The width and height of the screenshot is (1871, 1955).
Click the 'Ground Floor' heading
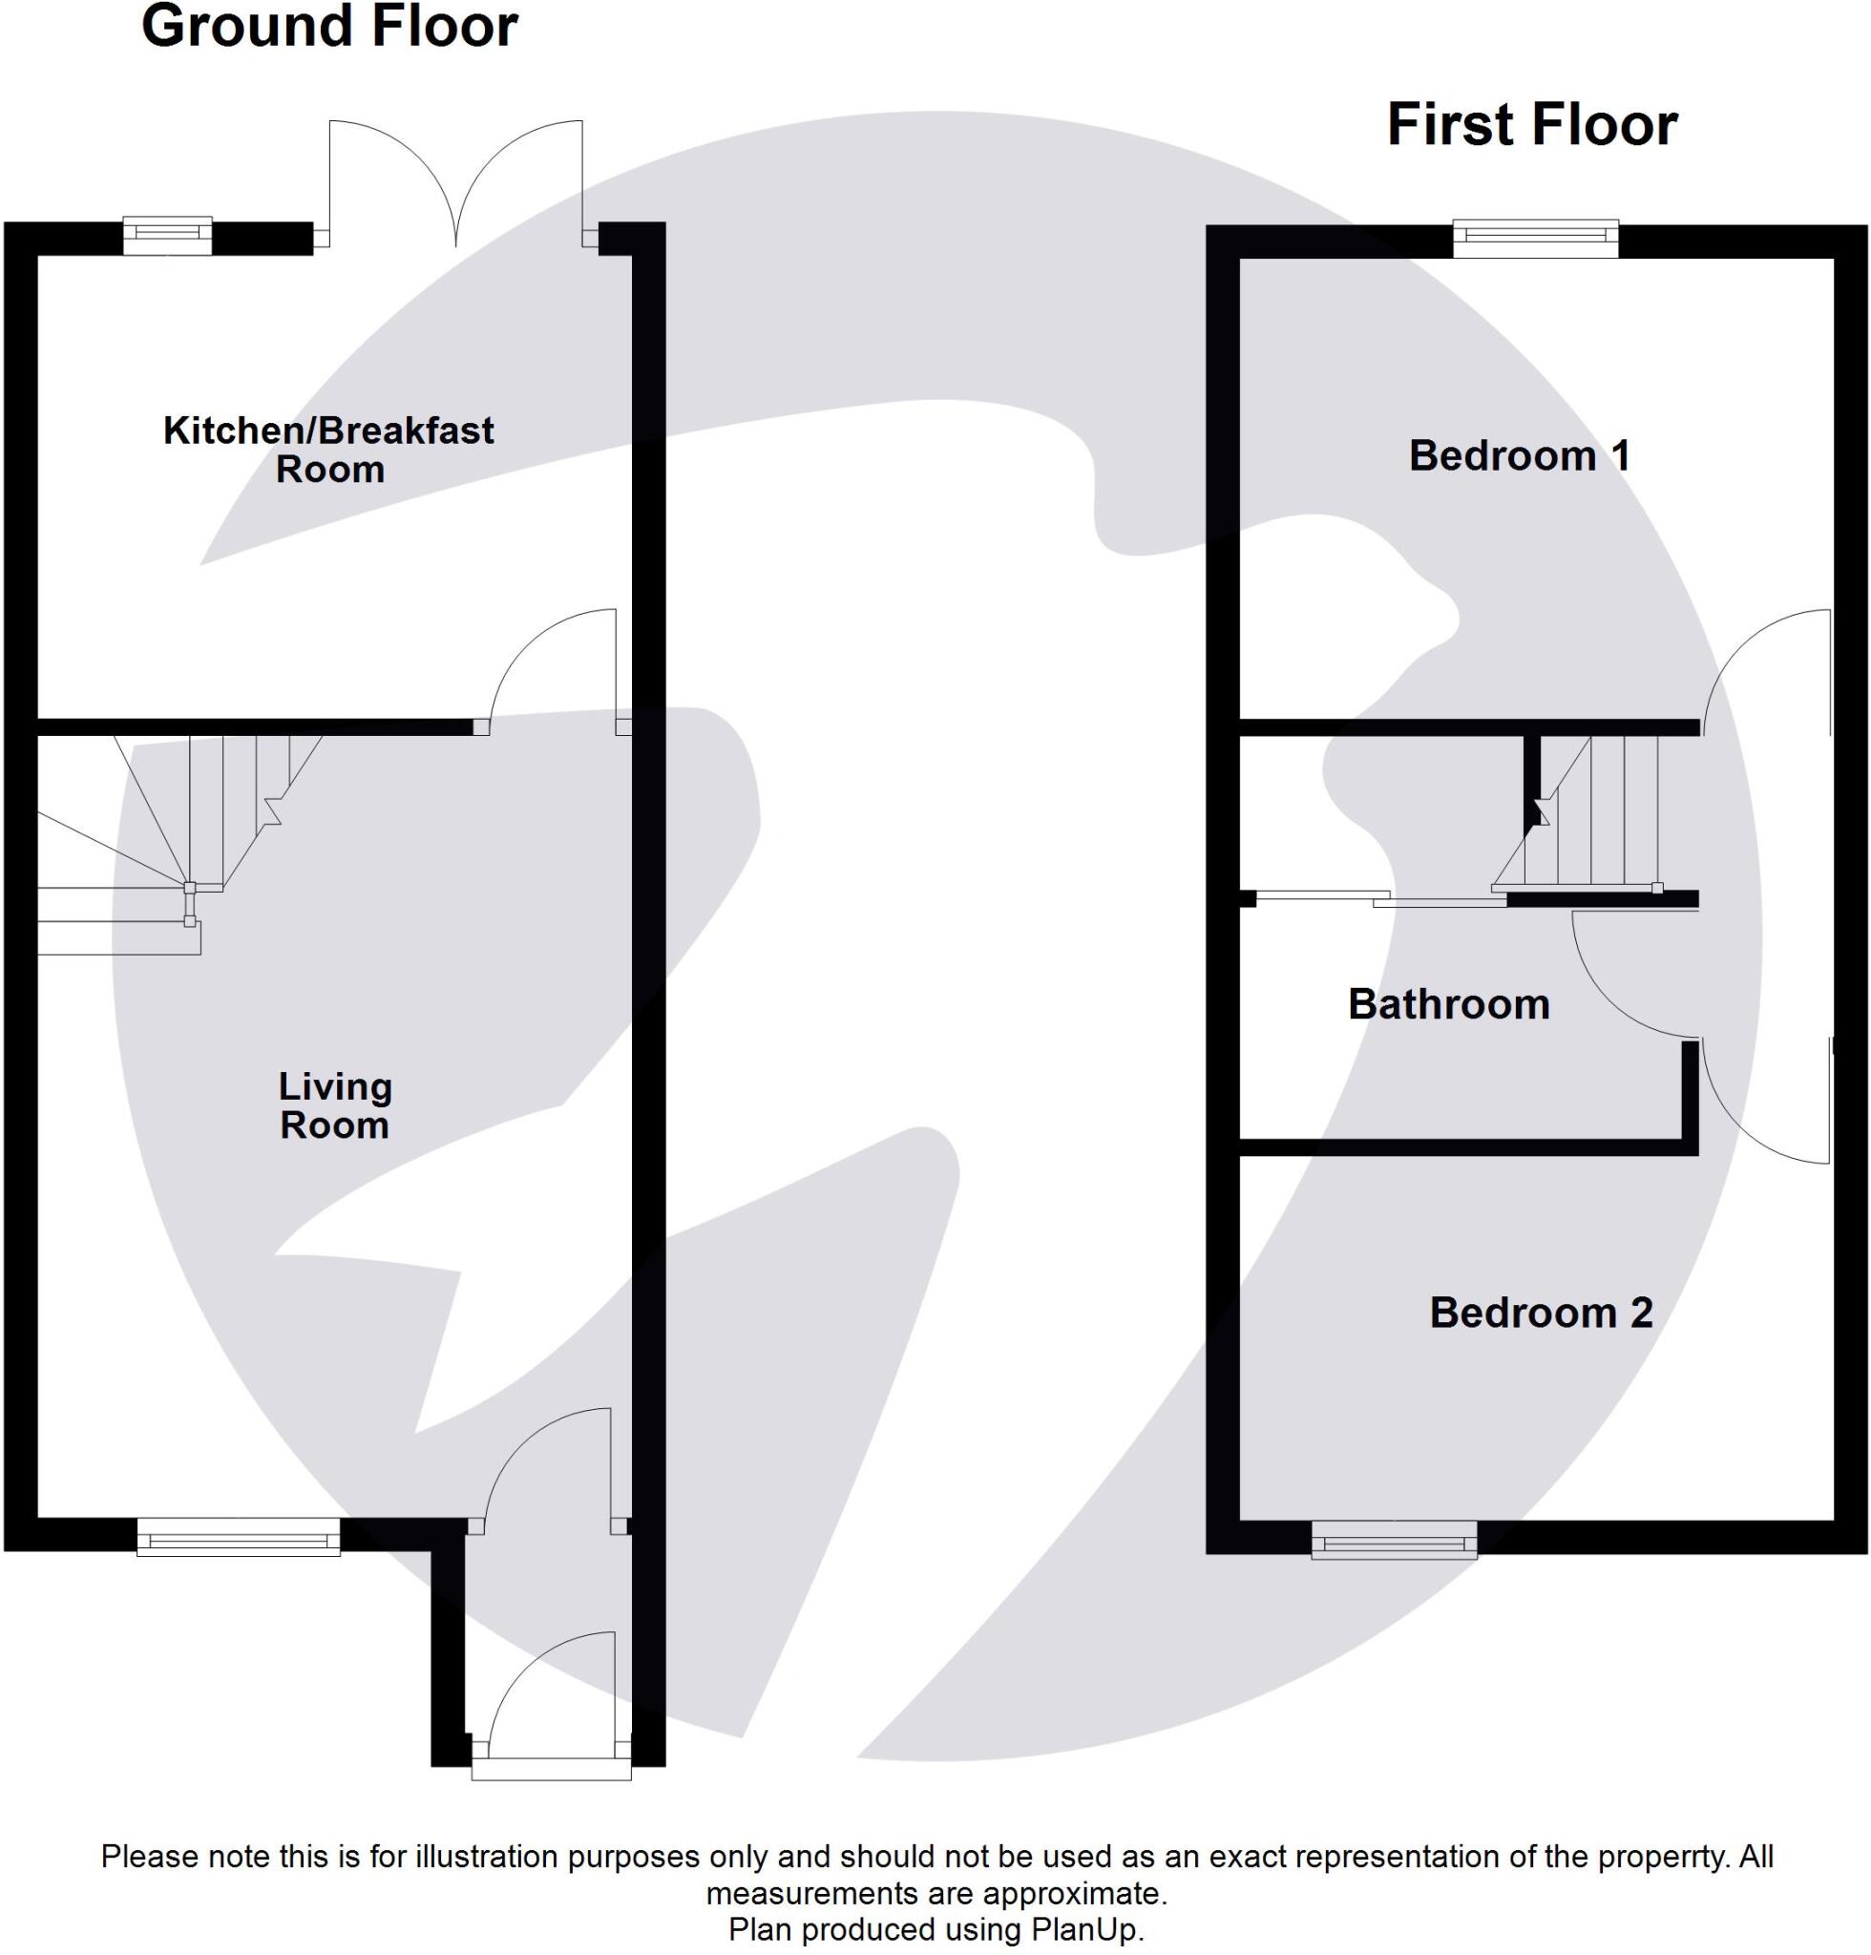[329, 27]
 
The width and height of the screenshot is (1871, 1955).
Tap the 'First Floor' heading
[1532, 126]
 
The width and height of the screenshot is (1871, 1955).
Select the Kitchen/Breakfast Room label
[328, 449]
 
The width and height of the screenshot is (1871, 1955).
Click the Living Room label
[335, 1105]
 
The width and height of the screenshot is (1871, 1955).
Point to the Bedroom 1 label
[1519, 456]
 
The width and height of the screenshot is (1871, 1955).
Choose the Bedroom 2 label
[1541, 1313]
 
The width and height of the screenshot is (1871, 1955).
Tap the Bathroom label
[1448, 1004]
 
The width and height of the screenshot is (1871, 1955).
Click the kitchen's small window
[168, 236]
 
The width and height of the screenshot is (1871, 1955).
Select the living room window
[239, 1537]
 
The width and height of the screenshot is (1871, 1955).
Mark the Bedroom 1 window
[1535, 238]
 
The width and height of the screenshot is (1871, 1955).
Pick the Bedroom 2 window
[1394, 1540]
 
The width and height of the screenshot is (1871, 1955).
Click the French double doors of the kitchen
[455, 184]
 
